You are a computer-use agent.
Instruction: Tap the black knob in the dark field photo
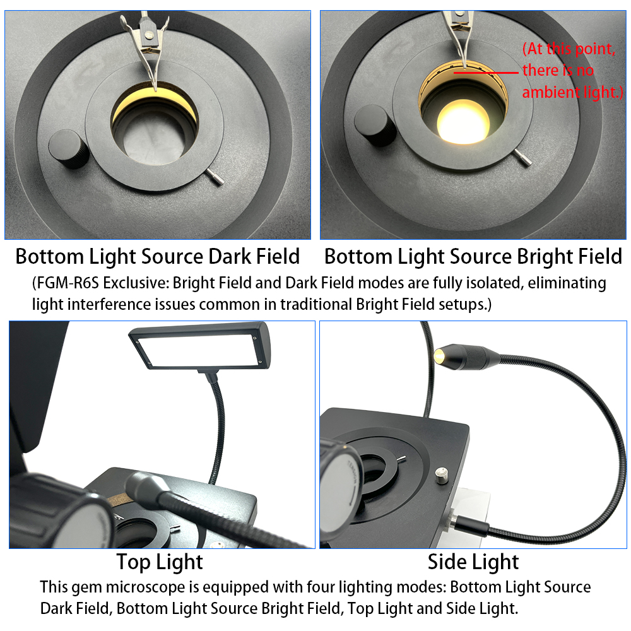tap(69, 149)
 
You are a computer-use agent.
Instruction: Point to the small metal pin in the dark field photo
tap(215, 177)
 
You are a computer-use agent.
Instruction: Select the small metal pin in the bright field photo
tap(523, 157)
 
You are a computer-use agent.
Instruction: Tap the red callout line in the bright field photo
tap(486, 73)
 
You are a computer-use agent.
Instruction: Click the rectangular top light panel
tap(200, 346)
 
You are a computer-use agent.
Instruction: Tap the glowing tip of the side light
tap(439, 355)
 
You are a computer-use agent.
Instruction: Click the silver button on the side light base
tap(442, 476)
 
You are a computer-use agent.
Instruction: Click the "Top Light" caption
tap(160, 562)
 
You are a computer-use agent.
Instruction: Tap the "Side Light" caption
tap(473, 562)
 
